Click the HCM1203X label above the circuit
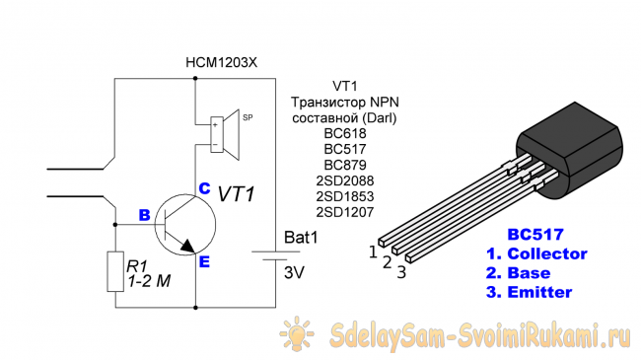pos(222,62)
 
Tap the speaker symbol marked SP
pos(225,134)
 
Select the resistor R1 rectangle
pos(115,271)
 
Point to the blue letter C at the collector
pos(204,188)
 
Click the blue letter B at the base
pos(144,215)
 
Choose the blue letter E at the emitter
pos(204,261)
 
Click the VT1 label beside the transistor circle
pos(237,194)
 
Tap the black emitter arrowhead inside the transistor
pos(187,246)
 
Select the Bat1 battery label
pos(301,238)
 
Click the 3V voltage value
pos(294,272)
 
